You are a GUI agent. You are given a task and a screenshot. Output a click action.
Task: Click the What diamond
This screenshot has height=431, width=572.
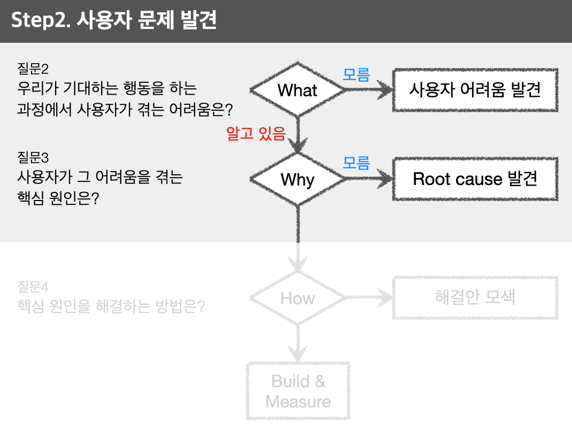298,90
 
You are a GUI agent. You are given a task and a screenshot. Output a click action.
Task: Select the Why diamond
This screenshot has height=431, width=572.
298,179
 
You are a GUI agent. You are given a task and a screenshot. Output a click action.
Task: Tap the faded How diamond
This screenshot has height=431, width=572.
298,298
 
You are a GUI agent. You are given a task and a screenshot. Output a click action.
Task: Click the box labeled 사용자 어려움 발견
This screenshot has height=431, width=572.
475,90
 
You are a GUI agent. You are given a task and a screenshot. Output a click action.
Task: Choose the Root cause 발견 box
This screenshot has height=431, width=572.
475,179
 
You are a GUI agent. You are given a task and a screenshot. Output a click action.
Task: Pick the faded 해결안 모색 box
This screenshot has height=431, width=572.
475,297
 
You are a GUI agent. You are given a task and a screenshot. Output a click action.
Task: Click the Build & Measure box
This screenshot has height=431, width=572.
298,391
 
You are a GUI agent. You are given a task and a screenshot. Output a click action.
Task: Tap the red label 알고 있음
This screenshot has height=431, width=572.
256,134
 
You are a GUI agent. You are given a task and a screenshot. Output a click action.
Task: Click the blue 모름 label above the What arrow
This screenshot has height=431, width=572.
357,75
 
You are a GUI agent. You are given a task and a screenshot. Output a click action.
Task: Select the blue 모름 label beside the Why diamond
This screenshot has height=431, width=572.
357,163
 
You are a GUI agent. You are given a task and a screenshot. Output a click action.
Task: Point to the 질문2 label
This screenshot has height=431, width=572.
33,68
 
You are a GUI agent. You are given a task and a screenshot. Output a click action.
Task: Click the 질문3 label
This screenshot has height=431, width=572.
33,158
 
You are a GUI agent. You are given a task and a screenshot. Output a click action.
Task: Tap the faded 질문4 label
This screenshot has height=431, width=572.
33,287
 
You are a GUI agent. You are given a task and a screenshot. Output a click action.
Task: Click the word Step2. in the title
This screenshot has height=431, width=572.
41,20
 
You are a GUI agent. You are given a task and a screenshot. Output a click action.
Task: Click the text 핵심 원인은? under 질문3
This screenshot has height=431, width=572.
58,198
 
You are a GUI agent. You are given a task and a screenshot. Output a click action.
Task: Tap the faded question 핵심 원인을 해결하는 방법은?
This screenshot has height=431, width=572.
111,306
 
